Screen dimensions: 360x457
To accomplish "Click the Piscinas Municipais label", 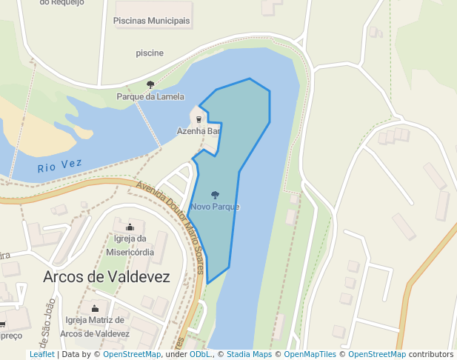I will point(151,21).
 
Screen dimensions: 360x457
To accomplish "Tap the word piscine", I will point(150,53).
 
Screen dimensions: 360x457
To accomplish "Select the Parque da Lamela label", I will point(150,97).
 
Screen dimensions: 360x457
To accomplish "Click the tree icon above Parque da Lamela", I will point(150,84).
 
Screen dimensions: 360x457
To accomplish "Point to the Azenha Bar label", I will point(199,131).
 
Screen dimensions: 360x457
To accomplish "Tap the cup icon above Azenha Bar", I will point(199,119).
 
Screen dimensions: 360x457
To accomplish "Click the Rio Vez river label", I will point(59,167).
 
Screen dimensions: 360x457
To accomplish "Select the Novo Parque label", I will point(215,207).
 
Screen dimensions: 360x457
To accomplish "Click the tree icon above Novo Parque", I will point(215,195).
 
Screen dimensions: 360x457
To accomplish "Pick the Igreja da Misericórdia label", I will point(130,245).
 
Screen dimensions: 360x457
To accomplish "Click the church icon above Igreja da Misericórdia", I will point(130,227).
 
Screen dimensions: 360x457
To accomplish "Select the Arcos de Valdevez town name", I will point(107,277).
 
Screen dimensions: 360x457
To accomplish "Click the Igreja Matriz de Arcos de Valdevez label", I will point(94,327).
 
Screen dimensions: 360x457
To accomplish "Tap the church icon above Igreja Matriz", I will point(94,308).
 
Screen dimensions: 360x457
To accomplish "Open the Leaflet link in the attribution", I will point(41,355).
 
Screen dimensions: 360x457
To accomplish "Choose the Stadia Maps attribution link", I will point(249,355).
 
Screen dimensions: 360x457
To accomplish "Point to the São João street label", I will point(47,320).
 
